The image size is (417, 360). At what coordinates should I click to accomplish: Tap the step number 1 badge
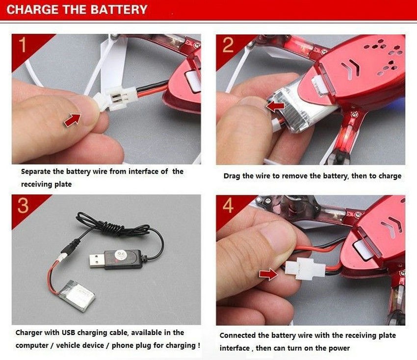click(23, 45)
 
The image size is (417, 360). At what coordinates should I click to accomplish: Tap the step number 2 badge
click(228, 45)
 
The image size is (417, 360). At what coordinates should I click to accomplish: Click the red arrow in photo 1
click(72, 120)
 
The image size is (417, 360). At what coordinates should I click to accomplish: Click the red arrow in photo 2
click(275, 106)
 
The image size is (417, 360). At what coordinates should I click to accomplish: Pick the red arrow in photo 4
click(269, 274)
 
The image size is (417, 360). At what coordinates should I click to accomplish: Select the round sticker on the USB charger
click(119, 255)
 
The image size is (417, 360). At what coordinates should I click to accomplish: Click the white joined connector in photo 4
click(305, 269)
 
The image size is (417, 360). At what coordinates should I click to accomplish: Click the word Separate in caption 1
click(36, 172)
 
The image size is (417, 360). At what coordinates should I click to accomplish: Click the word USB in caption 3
click(68, 333)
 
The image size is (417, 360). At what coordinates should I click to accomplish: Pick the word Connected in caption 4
click(238, 335)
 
